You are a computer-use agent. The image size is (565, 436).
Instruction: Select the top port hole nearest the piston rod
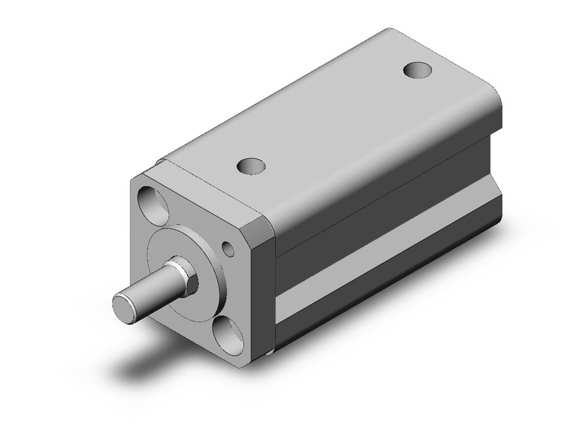251,165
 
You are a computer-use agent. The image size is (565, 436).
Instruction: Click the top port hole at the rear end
418,71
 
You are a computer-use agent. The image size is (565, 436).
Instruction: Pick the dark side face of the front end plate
270,290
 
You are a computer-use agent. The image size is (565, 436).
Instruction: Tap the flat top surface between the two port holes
335,123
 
